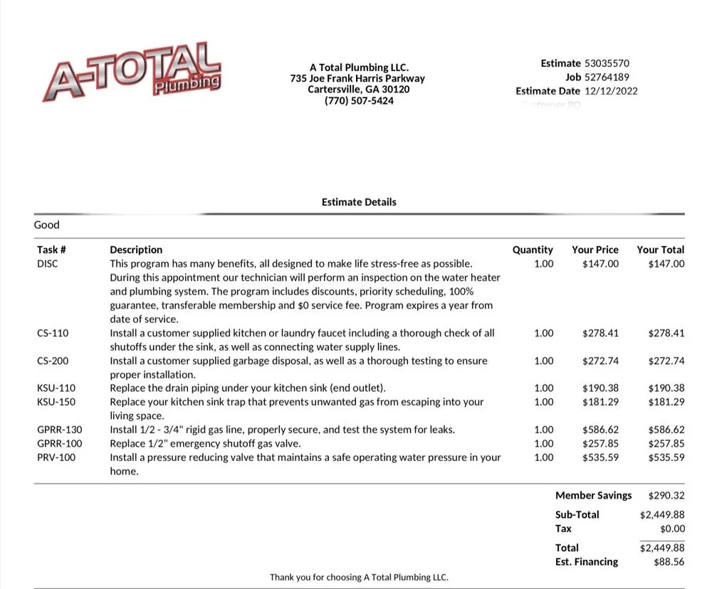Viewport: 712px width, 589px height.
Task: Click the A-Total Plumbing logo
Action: [132, 73]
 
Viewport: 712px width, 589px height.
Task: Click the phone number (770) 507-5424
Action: [359, 101]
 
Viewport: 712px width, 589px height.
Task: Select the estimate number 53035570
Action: [607, 63]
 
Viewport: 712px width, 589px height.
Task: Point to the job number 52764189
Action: [607, 77]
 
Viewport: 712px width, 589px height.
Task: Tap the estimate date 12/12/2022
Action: [611, 91]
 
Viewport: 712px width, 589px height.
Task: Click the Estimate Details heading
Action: [359, 202]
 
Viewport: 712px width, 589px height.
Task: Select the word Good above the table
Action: [47, 225]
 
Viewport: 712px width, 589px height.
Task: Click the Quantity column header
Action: [533, 250]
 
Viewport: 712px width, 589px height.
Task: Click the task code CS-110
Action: [53, 333]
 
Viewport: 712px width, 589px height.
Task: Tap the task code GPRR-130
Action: [59, 430]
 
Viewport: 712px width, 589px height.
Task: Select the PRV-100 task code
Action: [56, 457]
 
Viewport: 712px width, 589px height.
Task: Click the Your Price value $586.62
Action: [600, 430]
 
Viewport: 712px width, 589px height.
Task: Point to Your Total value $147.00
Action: [666, 264]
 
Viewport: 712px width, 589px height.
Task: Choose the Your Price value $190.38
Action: [600, 388]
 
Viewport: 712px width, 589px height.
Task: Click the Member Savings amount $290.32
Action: [666, 495]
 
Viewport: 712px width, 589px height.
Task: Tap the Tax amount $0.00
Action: [672, 529]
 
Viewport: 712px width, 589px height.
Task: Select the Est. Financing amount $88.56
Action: [669, 562]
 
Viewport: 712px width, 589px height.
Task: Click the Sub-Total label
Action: [577, 514]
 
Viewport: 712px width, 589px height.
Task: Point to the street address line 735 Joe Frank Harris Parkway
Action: [357, 78]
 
